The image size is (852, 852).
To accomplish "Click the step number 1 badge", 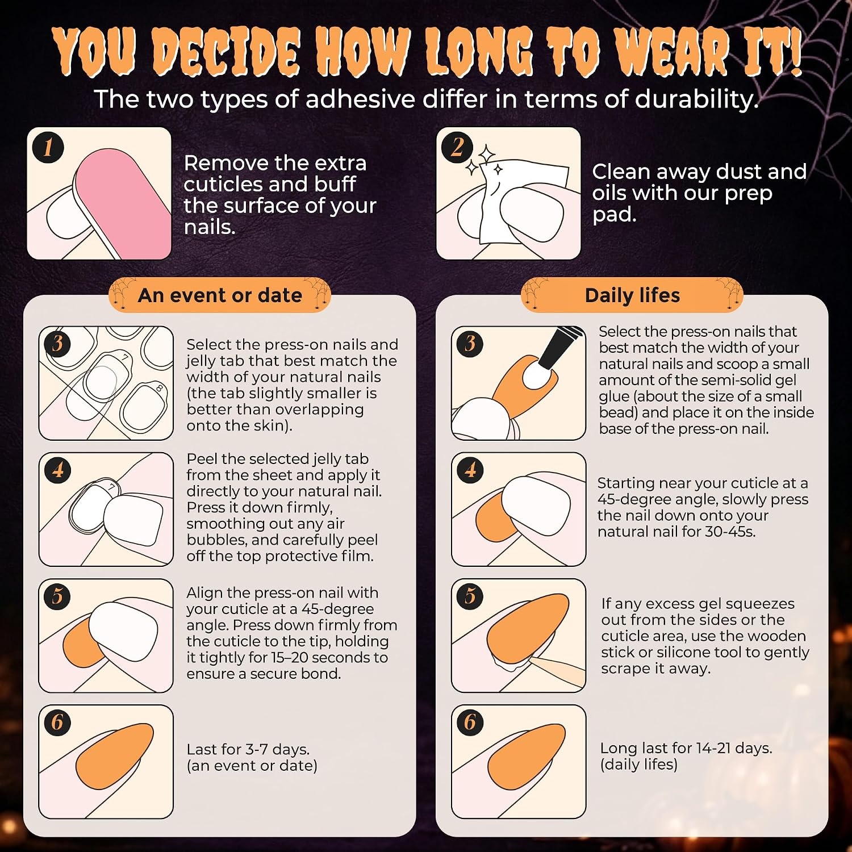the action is click(x=48, y=148).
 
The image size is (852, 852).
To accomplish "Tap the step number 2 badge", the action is click(x=457, y=148).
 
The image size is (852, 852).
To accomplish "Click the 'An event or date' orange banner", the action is click(x=220, y=295).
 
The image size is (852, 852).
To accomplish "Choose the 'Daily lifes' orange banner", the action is click(x=632, y=295).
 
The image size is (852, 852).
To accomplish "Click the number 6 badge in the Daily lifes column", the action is click(x=470, y=722).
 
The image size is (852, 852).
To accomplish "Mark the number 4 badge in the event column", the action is click(x=57, y=470).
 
